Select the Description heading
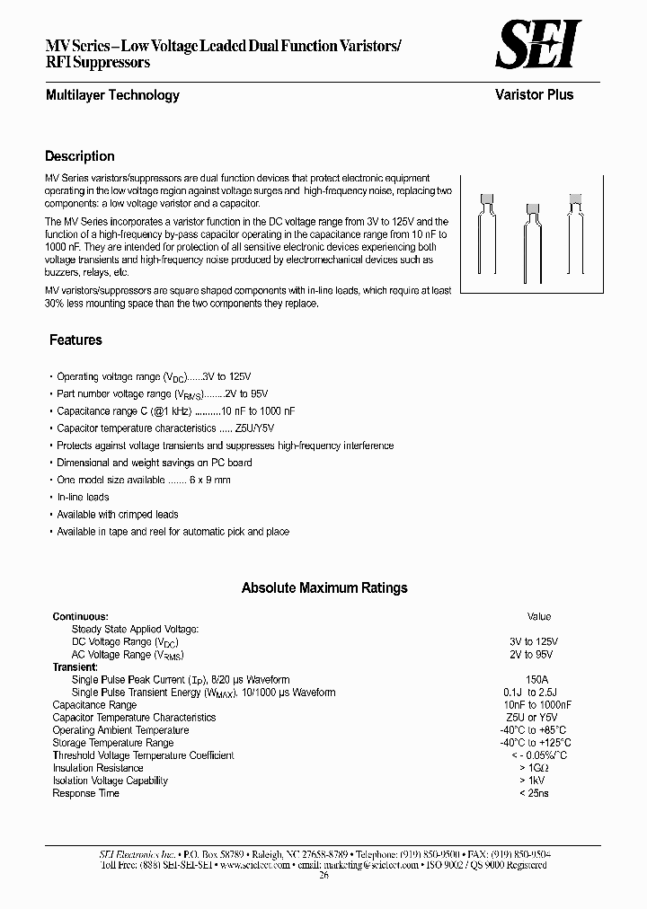click(80, 156)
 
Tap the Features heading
click(75, 340)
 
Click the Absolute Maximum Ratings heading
click(324, 588)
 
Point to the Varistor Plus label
click(534, 95)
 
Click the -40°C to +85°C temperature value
click(539, 730)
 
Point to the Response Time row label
click(85, 793)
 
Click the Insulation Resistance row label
click(97, 768)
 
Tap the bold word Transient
click(75, 667)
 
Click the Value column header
click(539, 617)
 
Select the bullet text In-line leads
click(83, 498)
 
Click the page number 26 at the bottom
click(323, 878)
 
